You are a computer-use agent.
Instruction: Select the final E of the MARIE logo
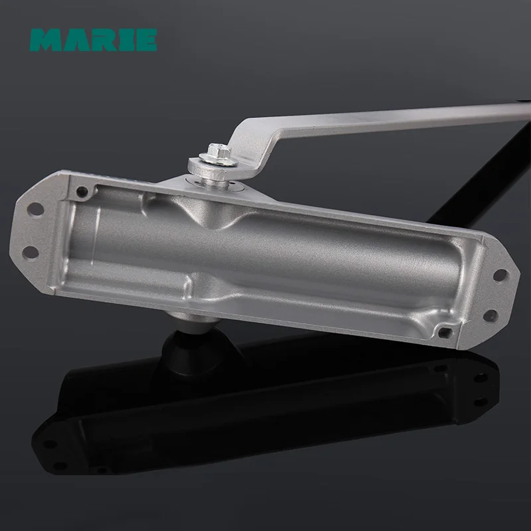tap(145, 40)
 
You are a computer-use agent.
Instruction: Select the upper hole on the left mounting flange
tap(36, 208)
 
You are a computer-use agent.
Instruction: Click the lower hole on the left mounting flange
tap(31, 252)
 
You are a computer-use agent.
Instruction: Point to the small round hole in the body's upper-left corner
tap(82, 192)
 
